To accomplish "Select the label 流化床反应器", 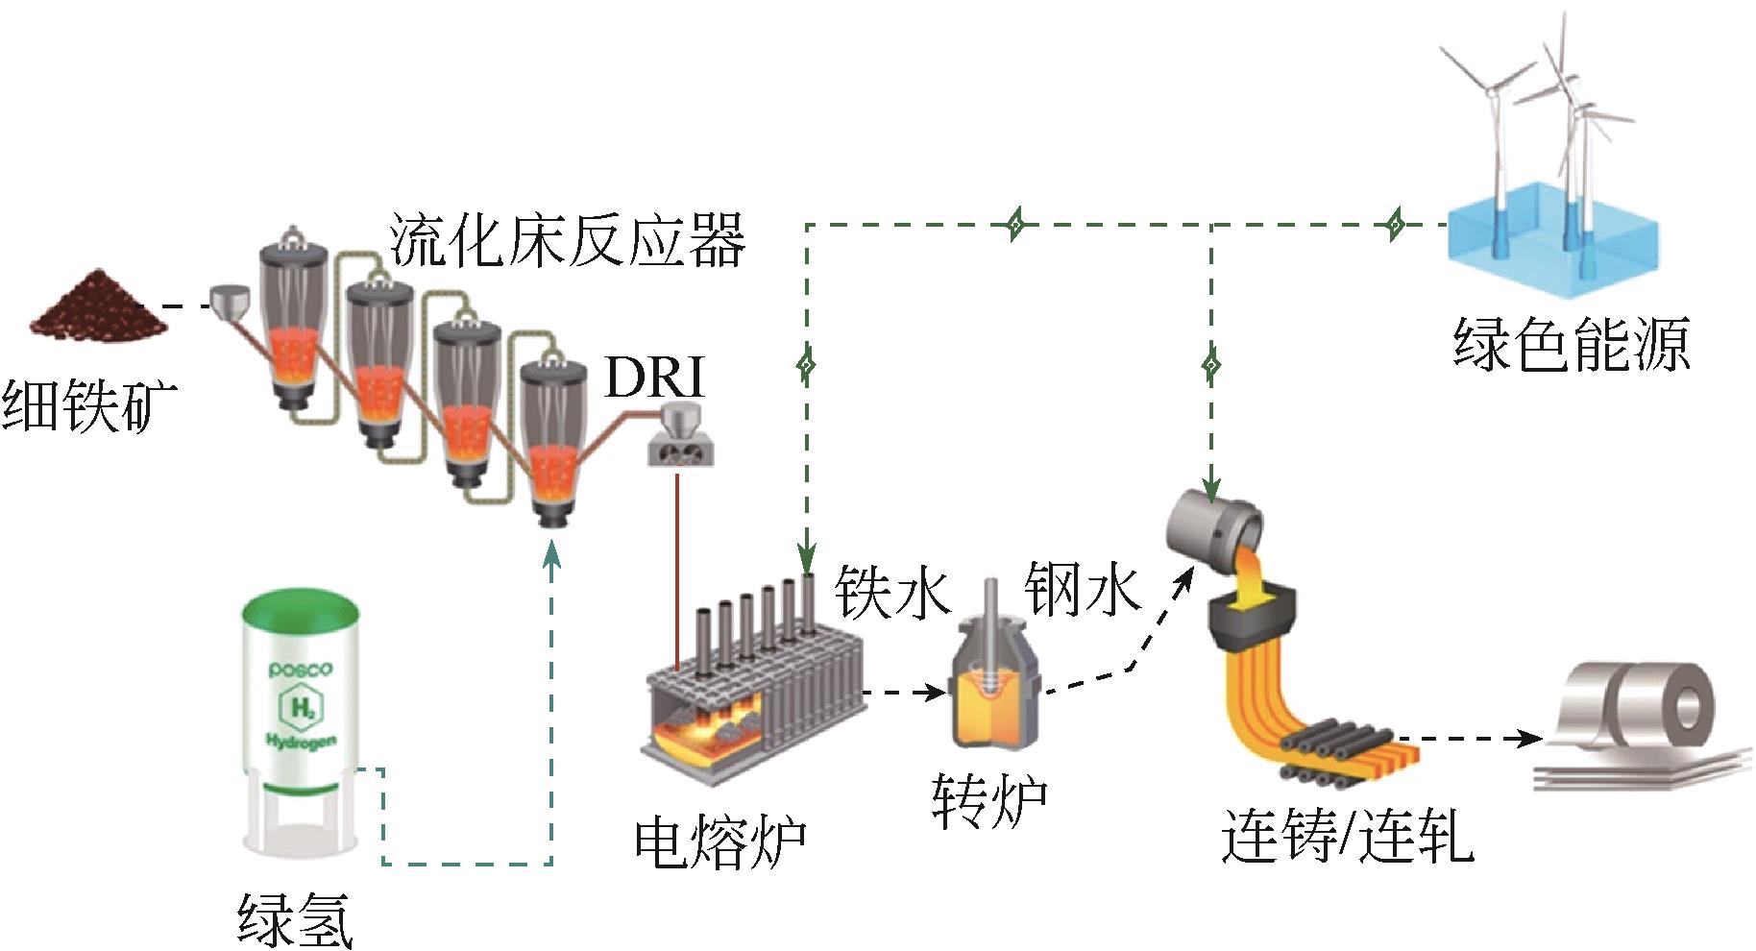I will tap(567, 240).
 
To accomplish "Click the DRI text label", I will tap(654, 378).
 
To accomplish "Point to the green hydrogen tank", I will tap(301, 720).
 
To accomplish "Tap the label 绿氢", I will tap(295, 919).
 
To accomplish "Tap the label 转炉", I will tap(988, 800).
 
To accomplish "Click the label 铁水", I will tap(892, 591).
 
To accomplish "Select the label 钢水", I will tap(1083, 588).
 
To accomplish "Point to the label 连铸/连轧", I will tap(1347, 837).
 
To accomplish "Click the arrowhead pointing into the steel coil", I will tap(1527, 739).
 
